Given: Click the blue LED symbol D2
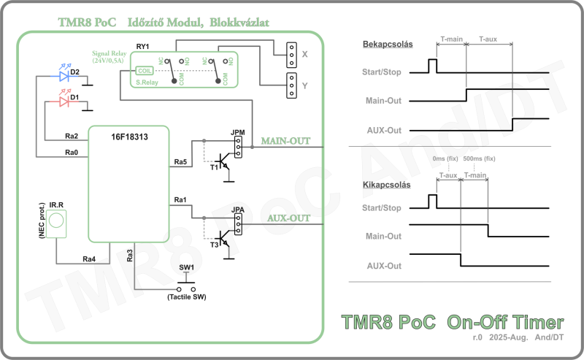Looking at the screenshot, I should point(62,74).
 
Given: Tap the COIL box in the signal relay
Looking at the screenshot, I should point(144,71).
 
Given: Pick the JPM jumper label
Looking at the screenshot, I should point(237,132).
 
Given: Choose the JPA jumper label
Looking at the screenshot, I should point(237,211).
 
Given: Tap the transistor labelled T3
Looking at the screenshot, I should point(222,241).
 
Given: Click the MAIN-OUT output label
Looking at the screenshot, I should point(285,141).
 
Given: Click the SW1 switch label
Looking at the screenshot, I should point(187,268).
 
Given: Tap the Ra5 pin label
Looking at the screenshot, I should point(180,161).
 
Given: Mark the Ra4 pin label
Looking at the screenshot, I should point(88,258).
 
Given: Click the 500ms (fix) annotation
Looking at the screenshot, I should point(479,158).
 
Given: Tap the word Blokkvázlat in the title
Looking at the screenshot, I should point(238,23).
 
